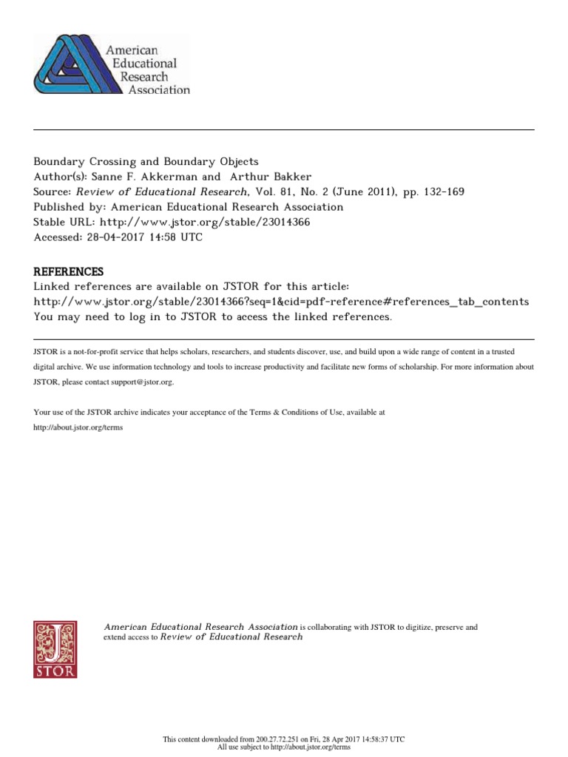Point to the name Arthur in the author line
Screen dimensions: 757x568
pyautogui.click(x=251, y=177)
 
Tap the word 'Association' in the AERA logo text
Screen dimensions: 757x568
pyautogui.click(x=158, y=90)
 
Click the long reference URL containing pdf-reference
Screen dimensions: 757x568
pyautogui.click(x=281, y=302)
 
